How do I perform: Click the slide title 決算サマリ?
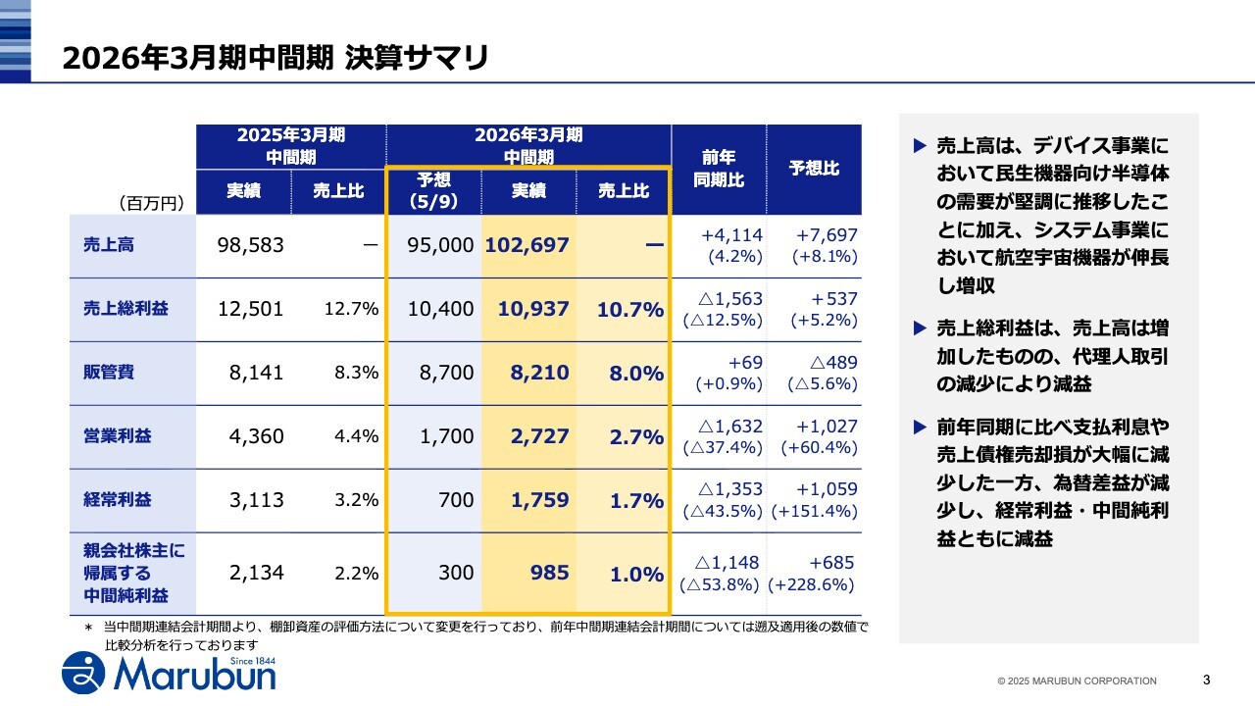pos(275,57)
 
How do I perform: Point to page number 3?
pos(1206,680)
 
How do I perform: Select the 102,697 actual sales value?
pos(527,245)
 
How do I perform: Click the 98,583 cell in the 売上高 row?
pos(250,245)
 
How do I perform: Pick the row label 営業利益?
pos(118,436)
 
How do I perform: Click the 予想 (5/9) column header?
pos(433,191)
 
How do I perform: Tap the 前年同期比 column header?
pos(718,169)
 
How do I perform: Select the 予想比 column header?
pos(814,169)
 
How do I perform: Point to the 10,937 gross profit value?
pos(533,309)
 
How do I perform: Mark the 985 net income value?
pos(549,573)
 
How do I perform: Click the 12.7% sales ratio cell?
pos(351,309)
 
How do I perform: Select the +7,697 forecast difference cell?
pos(828,235)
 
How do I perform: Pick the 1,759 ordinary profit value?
pos(539,500)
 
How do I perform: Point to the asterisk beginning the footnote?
pos(87,627)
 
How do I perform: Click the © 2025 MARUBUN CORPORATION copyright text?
pos(1077,681)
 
